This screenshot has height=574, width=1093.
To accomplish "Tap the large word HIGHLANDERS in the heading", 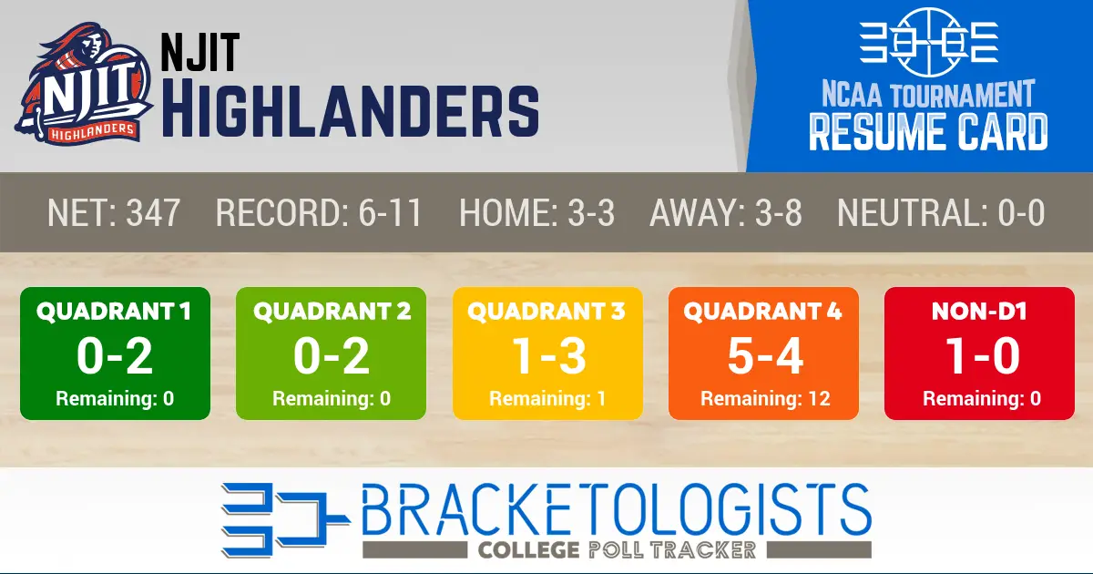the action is (x=351, y=112).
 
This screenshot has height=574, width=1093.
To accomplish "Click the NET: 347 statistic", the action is (x=114, y=212).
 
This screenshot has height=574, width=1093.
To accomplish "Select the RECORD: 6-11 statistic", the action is (x=319, y=212).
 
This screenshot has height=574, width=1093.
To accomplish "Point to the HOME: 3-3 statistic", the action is (x=536, y=212).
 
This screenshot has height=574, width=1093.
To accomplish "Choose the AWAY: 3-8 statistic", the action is (x=726, y=212).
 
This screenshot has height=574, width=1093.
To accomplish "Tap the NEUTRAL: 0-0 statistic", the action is (x=941, y=212).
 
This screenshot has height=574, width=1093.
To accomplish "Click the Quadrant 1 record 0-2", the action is (x=115, y=356).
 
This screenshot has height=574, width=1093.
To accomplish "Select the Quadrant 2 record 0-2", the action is (x=332, y=356).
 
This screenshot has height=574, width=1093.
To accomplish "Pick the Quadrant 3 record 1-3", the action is (x=548, y=356).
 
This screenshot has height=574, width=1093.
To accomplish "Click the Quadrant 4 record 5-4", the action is (x=765, y=356).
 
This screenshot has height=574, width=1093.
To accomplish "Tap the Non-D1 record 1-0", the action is (x=982, y=356).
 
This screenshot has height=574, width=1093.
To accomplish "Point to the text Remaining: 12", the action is (x=765, y=399).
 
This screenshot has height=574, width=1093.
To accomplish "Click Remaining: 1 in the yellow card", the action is (x=547, y=399).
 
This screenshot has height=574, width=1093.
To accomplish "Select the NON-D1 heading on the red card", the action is (x=979, y=312).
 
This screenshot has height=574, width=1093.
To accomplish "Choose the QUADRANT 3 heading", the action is (x=546, y=312).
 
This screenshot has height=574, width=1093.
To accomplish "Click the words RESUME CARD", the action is (x=928, y=132).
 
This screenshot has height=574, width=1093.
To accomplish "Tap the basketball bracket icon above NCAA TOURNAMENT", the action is (x=928, y=42).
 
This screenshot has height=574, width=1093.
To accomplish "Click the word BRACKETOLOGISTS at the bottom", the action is (x=617, y=509).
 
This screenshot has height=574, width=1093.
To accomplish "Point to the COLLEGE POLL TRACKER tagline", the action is (x=617, y=549).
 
